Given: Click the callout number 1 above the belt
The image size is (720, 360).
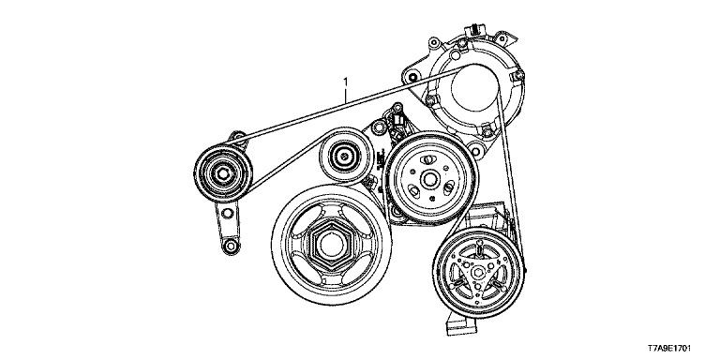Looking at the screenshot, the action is [x=345, y=82].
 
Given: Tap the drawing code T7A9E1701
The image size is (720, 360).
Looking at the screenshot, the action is [x=669, y=349].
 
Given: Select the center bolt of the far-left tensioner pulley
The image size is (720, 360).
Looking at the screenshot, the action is [x=223, y=173].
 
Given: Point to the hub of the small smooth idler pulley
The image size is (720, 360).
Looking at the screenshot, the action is [x=343, y=155].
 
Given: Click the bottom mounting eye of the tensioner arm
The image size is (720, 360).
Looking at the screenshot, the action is [x=230, y=246].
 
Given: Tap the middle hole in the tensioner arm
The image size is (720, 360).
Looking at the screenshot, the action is [x=226, y=213].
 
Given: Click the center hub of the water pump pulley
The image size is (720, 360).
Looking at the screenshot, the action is [x=429, y=180].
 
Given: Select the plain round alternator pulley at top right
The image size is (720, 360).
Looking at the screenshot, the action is [x=474, y=88].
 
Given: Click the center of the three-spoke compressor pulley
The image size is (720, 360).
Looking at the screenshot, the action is [x=478, y=272].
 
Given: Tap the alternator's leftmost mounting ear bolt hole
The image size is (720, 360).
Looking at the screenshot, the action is [x=412, y=76].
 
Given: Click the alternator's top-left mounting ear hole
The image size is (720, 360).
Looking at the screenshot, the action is [x=433, y=43].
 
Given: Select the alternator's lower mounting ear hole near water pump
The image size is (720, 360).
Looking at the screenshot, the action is [x=476, y=150].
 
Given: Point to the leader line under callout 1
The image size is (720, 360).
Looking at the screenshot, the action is [x=346, y=96].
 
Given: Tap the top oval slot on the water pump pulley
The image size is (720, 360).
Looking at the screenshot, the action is [x=427, y=159].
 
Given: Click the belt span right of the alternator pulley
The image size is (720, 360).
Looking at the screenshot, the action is [x=511, y=179].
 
